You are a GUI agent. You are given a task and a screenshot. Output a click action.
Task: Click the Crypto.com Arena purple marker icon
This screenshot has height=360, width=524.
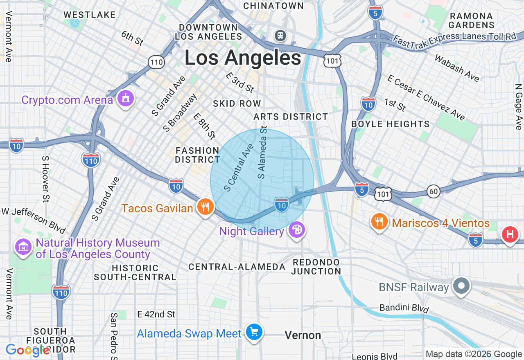click(126, 99)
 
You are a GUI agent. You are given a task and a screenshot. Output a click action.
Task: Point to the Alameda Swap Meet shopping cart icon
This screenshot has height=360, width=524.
click(254, 332)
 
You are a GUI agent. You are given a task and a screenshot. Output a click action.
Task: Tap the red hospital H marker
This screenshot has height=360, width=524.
click(510, 235)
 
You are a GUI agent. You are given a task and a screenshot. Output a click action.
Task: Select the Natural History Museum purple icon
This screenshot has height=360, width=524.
click(23, 248)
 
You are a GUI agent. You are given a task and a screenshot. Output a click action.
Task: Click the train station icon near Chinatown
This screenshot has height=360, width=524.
click(280, 36)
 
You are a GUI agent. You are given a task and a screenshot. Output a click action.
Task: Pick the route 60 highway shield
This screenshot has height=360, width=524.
click(433, 191)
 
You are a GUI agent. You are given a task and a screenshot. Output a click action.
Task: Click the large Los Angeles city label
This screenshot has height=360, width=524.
click(243, 58)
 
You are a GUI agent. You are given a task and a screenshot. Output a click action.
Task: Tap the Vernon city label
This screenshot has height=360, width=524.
click(303, 335)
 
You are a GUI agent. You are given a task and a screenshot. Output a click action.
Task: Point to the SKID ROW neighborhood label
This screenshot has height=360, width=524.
click(237, 103)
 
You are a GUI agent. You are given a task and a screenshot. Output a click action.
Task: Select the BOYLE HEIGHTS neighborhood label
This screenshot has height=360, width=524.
click(391, 124)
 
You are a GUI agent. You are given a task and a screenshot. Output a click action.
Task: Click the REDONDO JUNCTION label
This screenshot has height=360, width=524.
click(316, 267)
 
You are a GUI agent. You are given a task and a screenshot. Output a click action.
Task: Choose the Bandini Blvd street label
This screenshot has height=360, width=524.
click(404, 308)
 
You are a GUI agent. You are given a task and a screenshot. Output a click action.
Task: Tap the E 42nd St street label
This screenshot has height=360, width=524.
click(156, 314)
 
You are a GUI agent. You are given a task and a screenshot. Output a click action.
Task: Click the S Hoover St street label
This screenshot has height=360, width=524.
click(45, 178)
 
